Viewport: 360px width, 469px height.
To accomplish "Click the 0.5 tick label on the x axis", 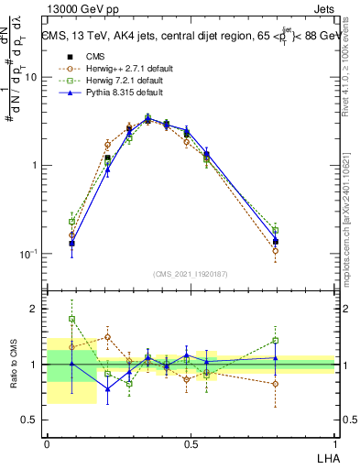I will tap(191, 444).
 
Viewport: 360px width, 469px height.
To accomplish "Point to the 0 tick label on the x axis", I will tap(47, 444).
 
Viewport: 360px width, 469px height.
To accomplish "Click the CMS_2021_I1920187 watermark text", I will tap(191, 274).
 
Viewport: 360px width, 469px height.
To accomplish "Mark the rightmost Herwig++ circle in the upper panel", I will tap(275, 250).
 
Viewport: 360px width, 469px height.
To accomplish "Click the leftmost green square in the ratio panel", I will tap(71, 319).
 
